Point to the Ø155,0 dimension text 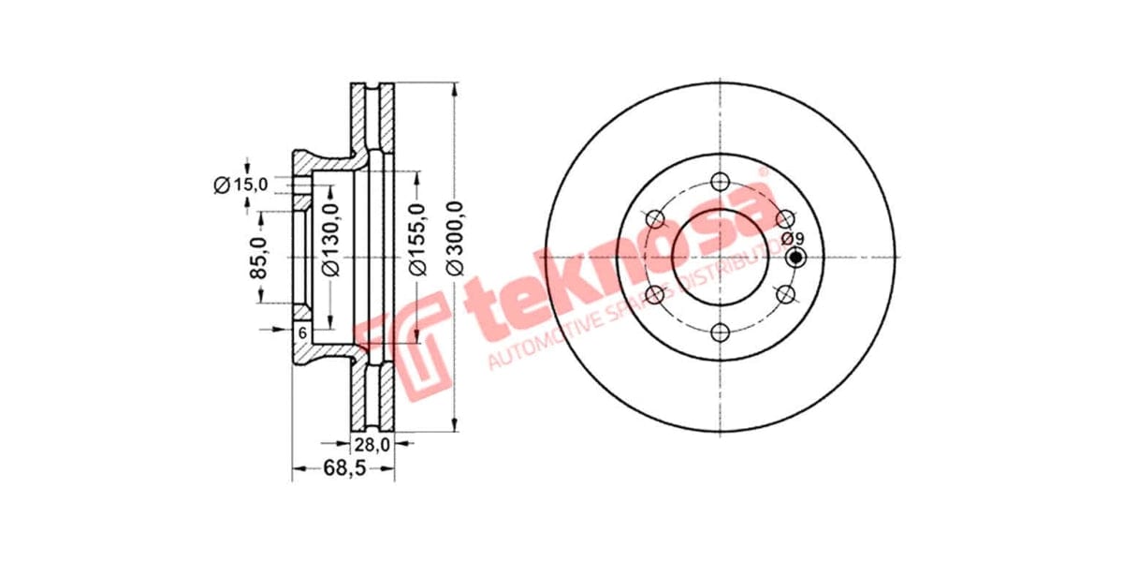(418, 241)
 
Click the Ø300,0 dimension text (457, 240)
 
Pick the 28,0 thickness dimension (372, 446)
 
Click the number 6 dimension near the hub (302, 333)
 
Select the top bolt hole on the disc (720, 182)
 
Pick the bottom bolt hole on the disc (720, 332)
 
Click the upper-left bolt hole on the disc (655, 220)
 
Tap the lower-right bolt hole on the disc (785, 295)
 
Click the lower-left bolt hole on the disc (655, 295)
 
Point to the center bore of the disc (720, 257)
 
